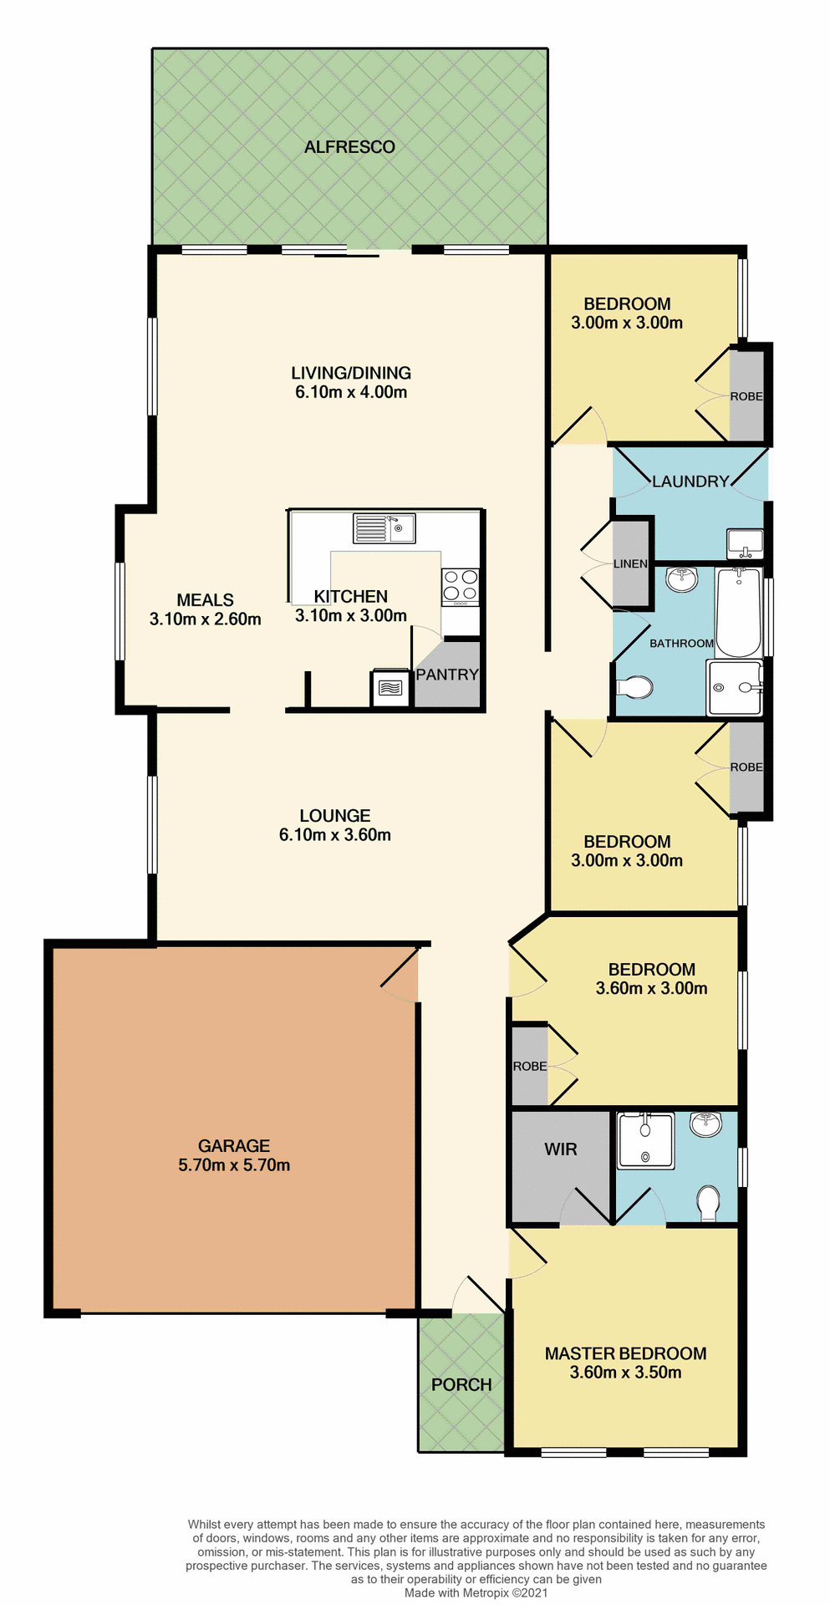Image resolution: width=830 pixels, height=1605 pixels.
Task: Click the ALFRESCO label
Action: [x=349, y=147]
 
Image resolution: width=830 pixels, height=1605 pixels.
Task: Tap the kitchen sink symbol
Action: [x=384, y=528]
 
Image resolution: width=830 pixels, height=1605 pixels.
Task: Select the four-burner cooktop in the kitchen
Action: [x=460, y=586]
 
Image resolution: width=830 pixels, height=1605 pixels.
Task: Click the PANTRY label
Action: [x=447, y=675]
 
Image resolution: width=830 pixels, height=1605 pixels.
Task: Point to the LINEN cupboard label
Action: [x=630, y=564]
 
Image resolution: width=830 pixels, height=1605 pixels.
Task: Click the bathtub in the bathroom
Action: [x=738, y=612]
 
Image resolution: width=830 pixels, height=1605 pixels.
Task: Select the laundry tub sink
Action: [x=745, y=543]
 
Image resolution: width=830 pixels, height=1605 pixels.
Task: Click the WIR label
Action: [x=560, y=1149]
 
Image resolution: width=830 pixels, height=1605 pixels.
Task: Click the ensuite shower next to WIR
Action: [x=645, y=1141]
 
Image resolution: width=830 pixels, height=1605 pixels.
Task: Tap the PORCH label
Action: [x=461, y=1385]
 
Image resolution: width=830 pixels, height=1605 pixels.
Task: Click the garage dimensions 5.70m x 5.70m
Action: [x=234, y=1165]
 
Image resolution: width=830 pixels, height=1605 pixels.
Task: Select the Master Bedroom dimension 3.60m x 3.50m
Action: [x=625, y=1373]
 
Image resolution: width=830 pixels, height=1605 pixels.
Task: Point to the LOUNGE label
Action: [x=334, y=815]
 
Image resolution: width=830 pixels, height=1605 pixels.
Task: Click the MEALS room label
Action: [x=205, y=600]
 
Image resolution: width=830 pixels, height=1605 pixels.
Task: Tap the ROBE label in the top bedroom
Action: [x=746, y=396]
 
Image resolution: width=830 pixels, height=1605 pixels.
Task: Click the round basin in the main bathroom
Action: [x=683, y=578]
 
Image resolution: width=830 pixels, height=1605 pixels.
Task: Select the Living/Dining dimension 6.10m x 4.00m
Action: [x=351, y=392]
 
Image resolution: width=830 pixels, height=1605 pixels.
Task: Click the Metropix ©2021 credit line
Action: [x=476, y=1593]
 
